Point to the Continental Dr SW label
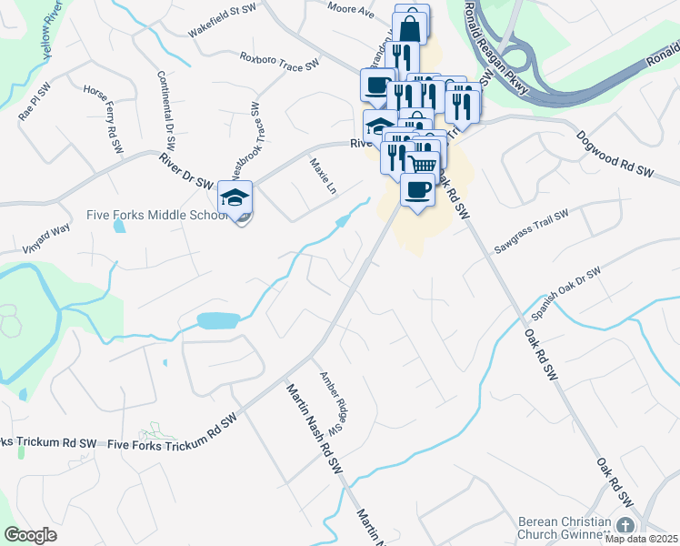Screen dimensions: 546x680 165,111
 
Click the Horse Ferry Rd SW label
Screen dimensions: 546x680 102,119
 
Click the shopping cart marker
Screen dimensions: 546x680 423,164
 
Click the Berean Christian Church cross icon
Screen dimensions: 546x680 625,526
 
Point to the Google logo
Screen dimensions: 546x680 30,535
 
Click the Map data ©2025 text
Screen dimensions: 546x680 642,539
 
